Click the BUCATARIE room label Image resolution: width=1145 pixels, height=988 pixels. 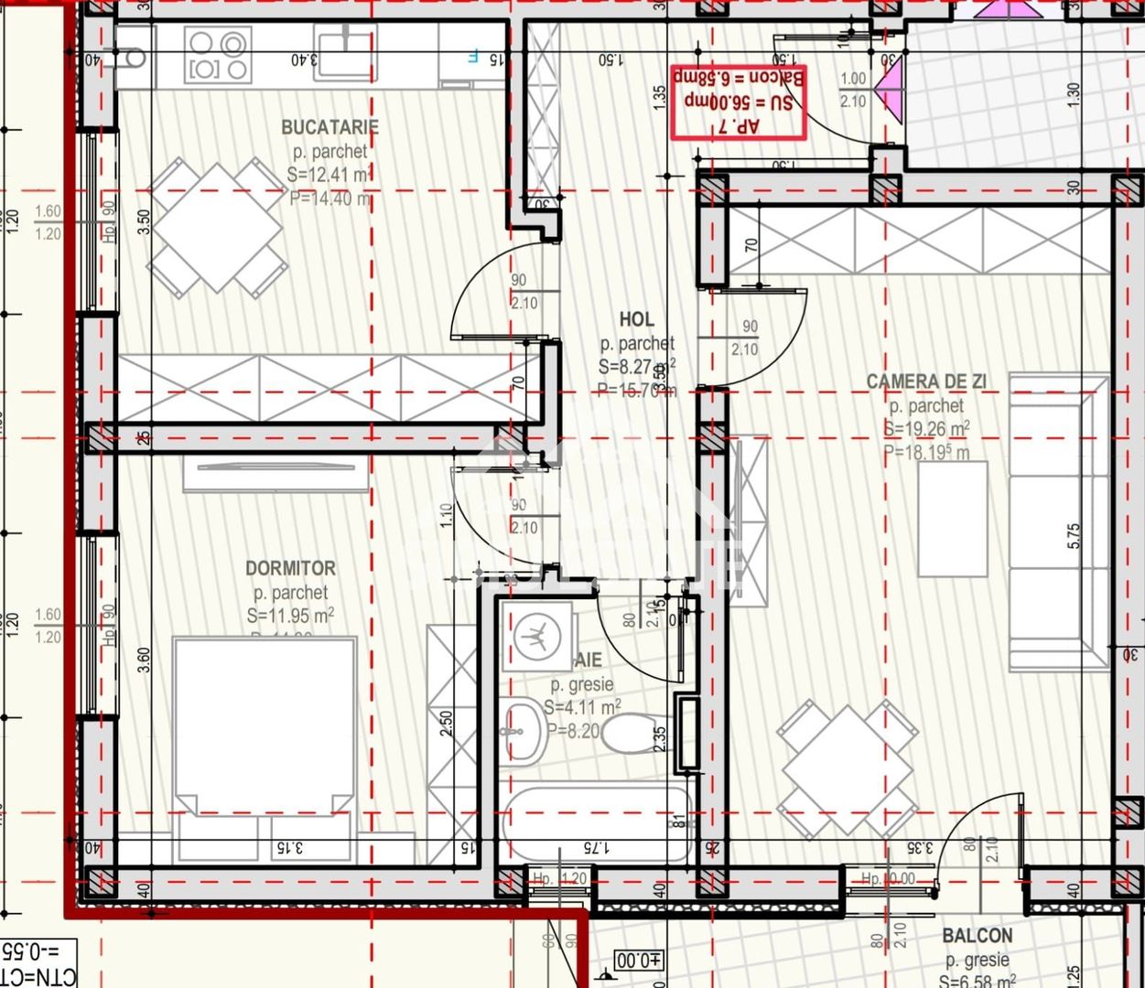click(x=329, y=127)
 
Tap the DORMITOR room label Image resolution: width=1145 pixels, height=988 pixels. click(x=290, y=568)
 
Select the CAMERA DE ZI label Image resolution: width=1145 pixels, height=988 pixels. click(x=926, y=381)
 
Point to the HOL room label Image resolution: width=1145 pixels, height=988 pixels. click(x=637, y=319)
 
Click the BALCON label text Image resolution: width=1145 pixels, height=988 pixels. click(x=978, y=936)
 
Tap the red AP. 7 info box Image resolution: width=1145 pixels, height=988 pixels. click(x=738, y=102)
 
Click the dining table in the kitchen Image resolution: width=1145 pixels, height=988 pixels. click(x=217, y=228)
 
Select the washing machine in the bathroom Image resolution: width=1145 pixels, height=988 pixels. click(x=536, y=635)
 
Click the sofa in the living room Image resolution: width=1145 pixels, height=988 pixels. click(x=1058, y=521)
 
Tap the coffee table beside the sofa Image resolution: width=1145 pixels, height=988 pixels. click(x=953, y=519)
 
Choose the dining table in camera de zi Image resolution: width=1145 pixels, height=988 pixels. click(x=847, y=769)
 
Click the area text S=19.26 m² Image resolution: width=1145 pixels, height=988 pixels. click(x=926, y=429)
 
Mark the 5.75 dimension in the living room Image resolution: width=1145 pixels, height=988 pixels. click(x=1074, y=536)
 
